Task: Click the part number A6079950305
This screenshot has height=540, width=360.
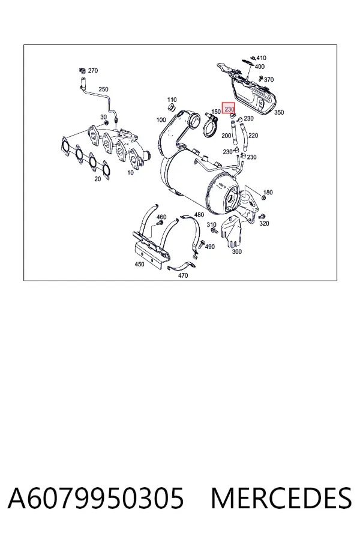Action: click(x=96, y=498)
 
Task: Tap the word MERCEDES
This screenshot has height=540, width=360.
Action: click(x=281, y=498)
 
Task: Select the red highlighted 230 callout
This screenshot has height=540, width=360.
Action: click(x=229, y=109)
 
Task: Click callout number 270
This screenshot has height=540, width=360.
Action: click(x=93, y=71)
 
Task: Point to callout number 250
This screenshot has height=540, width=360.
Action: click(x=103, y=89)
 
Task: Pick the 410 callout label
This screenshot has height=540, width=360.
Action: click(x=262, y=58)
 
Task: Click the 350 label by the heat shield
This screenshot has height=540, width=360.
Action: click(x=279, y=112)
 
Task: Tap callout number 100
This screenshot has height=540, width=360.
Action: click(x=161, y=120)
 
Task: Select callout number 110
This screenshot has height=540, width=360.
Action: click(x=172, y=100)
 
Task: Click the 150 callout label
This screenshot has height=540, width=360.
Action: click(x=215, y=112)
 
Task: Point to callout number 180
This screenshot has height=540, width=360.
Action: click(x=268, y=193)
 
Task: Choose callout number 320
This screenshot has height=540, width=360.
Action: click(x=264, y=224)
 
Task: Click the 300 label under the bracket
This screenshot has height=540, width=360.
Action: click(x=236, y=252)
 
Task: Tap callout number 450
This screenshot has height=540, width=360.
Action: click(x=139, y=265)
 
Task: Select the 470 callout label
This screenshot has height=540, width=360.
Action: click(x=183, y=275)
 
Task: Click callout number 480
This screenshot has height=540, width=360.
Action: click(x=199, y=215)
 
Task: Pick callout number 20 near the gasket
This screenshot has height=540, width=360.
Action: click(x=98, y=179)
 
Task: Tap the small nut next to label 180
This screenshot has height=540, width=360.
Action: click(x=263, y=198)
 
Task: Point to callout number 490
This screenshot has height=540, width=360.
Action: click(x=209, y=247)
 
